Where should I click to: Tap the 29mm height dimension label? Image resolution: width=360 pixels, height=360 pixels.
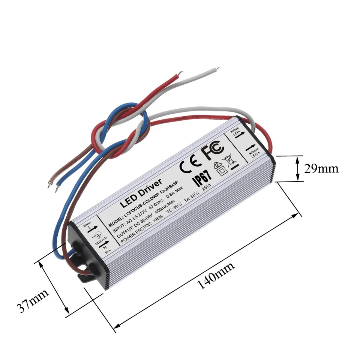321,168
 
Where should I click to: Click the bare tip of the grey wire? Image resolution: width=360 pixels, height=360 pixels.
217,69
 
